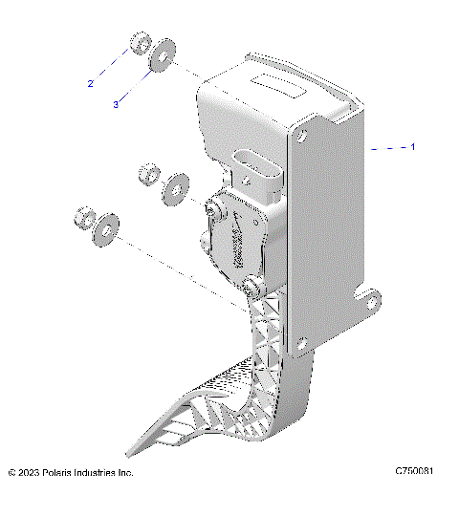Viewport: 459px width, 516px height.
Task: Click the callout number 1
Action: coord(413,147)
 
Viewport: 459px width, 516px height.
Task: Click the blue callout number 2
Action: coord(92,84)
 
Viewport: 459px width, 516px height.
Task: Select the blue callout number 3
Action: coord(116,104)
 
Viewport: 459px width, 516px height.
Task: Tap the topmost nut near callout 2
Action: coord(139,45)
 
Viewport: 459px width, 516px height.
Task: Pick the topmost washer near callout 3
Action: coord(163,55)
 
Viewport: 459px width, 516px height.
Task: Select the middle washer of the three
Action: coord(176,187)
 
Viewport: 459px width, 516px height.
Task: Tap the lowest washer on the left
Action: coord(105,226)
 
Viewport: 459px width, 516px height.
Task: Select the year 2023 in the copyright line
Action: coord(34,473)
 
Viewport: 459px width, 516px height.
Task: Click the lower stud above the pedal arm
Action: coord(254,288)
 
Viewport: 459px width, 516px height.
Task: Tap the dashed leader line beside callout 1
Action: coord(386,148)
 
